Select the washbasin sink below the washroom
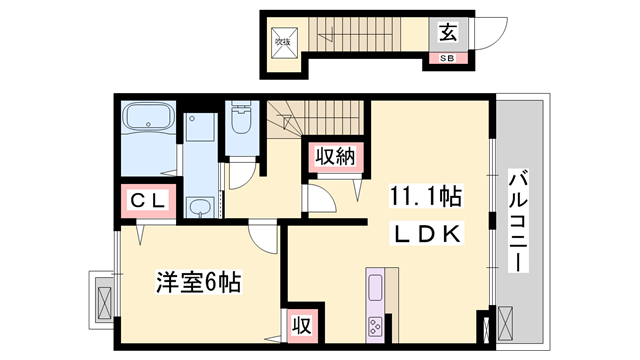[202, 208]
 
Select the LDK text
[425, 234]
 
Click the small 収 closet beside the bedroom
[300, 324]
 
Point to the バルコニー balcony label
[519, 222]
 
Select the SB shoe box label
[446, 58]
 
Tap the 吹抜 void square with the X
[284, 42]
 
